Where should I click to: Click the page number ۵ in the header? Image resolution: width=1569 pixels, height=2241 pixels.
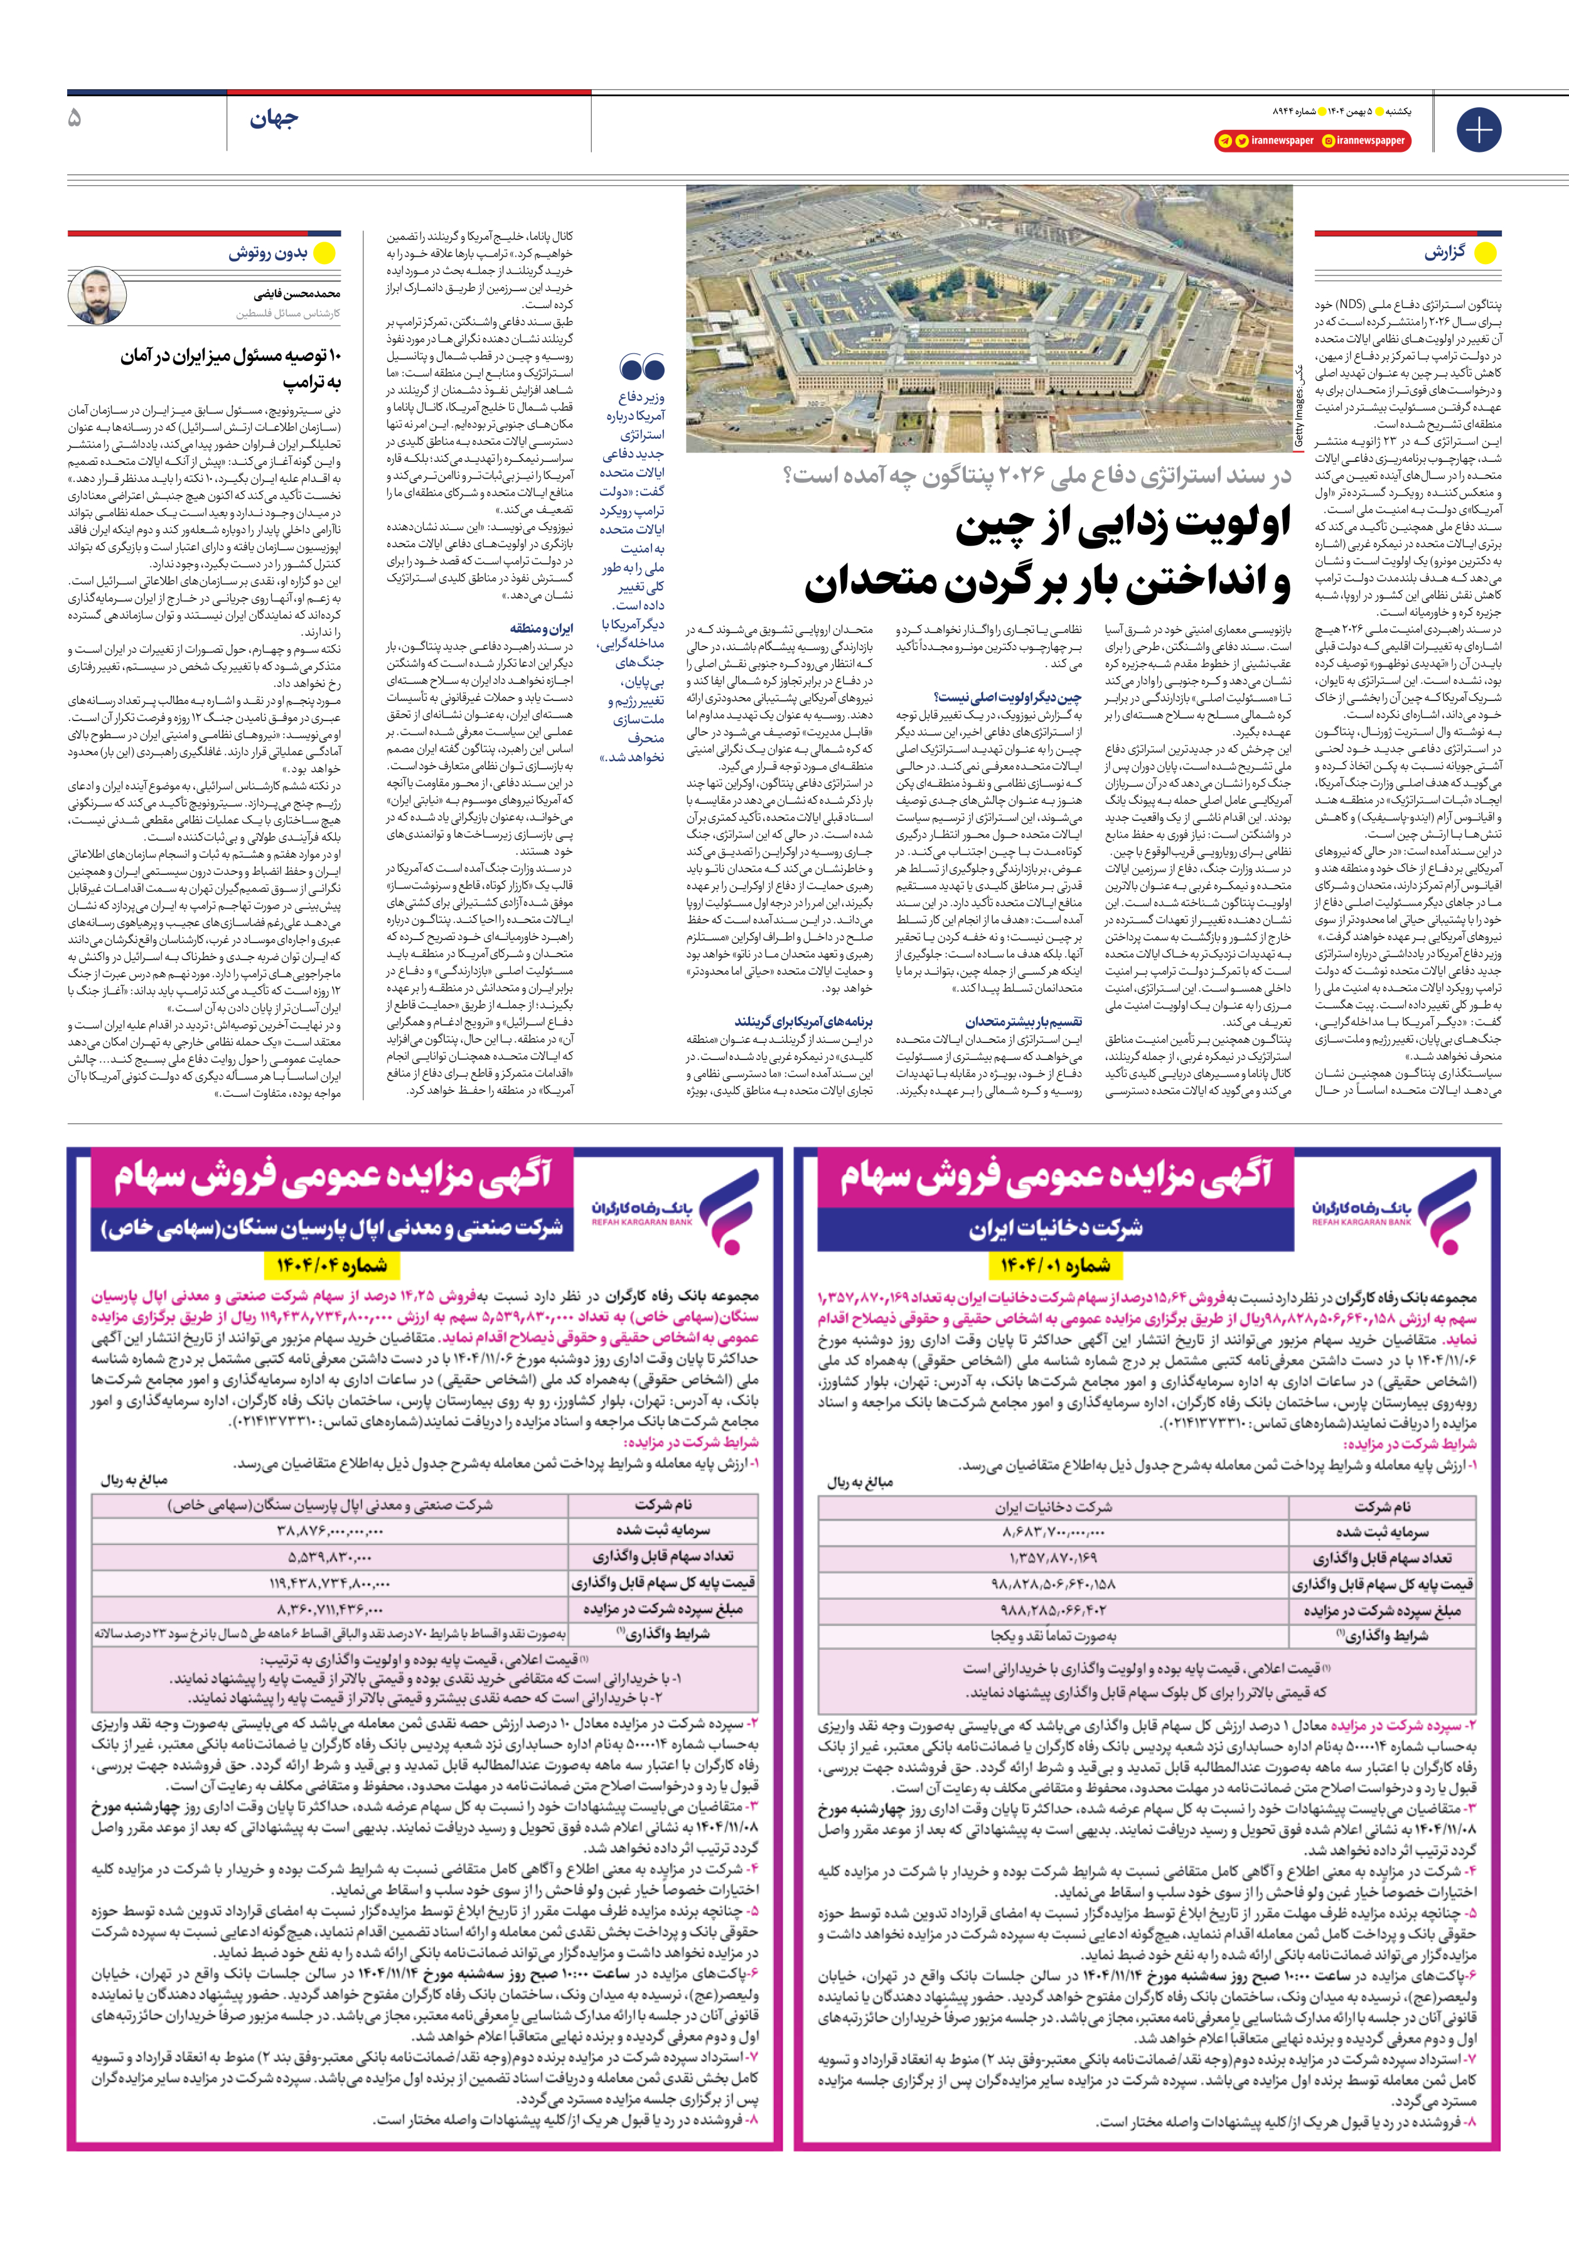point(75,119)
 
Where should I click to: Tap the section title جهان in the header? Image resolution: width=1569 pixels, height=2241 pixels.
point(274,120)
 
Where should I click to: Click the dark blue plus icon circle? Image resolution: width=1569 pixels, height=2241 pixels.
point(1478,130)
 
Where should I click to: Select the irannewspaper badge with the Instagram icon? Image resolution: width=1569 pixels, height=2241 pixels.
point(1364,141)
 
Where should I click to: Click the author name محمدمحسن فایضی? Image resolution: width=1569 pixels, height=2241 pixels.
point(297,293)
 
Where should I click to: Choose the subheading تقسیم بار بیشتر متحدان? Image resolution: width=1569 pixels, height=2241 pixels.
point(1023,1021)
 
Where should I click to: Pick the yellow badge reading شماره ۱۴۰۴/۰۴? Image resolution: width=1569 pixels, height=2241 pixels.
point(331,1266)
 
